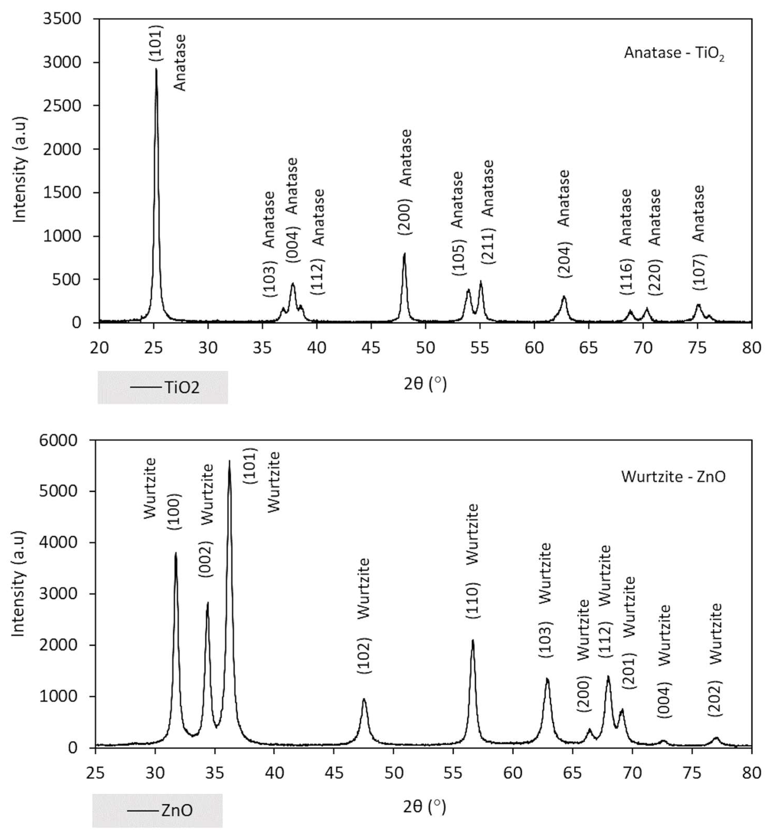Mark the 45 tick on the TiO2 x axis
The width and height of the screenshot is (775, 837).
(371, 348)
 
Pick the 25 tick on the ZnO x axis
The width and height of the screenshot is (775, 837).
(96, 773)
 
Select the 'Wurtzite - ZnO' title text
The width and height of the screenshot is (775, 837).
(673, 477)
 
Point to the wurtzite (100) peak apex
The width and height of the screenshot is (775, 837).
(176, 554)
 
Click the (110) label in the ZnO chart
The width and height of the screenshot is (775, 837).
(473, 600)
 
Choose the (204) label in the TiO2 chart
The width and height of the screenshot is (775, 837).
(564, 260)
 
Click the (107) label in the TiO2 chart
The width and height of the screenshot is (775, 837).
(699, 272)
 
